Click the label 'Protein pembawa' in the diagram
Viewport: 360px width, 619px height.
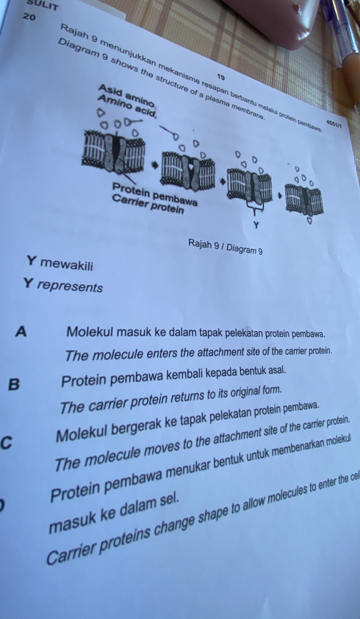coord(154,192)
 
